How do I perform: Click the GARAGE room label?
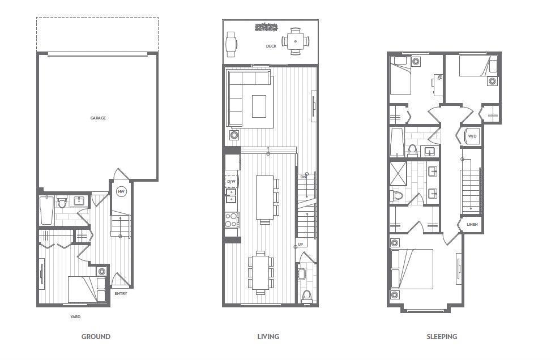point(98,118)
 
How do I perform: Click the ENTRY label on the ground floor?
point(120,293)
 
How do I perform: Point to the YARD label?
point(75,317)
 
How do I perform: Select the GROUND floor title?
point(96,336)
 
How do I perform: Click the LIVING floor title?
point(268,336)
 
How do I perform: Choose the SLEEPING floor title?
point(442,336)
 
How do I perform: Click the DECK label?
point(271,46)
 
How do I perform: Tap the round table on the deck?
point(296,41)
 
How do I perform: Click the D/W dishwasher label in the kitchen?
point(231,181)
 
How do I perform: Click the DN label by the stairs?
point(302,177)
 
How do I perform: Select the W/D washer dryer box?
point(472,136)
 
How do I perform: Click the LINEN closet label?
point(472,225)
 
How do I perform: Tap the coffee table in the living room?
point(259,106)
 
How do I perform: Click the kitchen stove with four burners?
point(232,220)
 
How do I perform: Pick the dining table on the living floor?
point(260,272)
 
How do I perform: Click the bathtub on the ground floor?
point(47,209)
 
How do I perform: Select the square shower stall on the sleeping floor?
point(398,174)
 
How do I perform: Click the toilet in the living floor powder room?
point(306,295)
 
